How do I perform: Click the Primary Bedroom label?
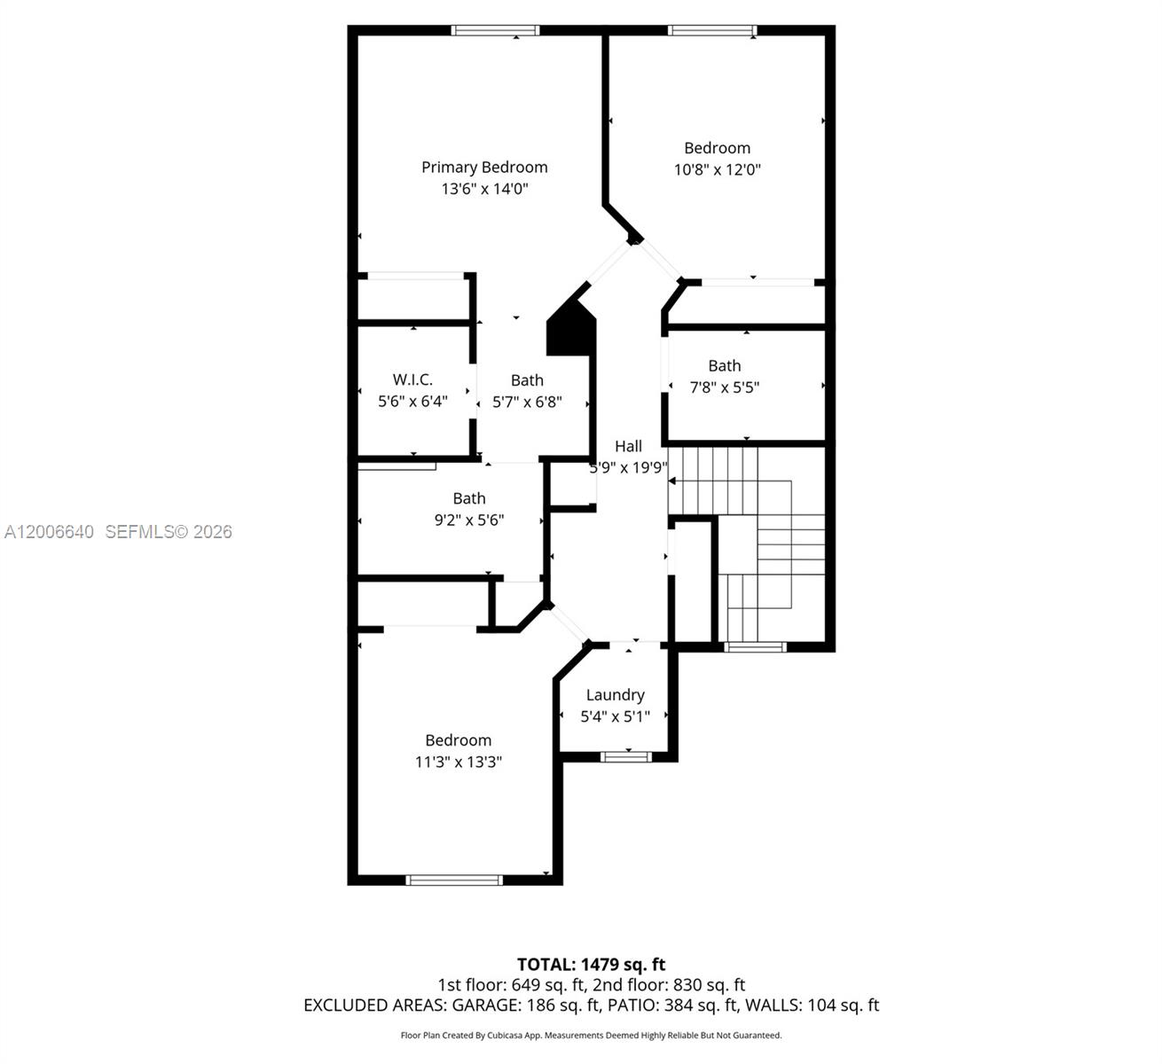point(484,168)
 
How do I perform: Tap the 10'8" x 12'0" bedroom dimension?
point(717,169)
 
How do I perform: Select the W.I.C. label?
point(412,379)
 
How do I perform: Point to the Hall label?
point(628,446)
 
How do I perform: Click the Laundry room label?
point(616,695)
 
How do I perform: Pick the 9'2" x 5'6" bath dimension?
point(469,520)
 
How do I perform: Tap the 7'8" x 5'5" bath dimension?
point(724,387)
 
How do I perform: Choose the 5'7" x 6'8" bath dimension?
point(527,402)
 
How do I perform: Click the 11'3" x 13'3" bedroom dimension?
point(459,762)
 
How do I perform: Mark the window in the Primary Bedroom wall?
point(495,30)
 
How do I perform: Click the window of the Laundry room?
point(625,756)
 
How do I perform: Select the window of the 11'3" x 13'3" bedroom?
point(454,880)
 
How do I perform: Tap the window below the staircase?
point(755,647)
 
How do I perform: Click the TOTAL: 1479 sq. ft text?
point(591,965)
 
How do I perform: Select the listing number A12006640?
point(50,532)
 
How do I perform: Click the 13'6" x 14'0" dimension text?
point(485,189)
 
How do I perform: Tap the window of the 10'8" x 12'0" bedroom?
point(712,30)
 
